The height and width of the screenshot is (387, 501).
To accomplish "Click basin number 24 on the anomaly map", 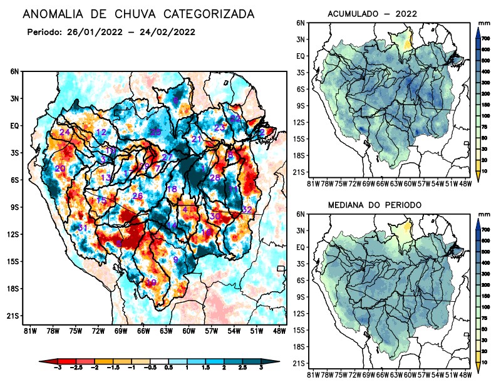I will [65, 132].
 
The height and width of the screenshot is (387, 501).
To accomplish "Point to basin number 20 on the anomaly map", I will [60, 168].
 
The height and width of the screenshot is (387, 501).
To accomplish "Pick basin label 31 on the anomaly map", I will [82, 227].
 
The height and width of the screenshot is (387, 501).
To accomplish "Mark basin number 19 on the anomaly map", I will [151, 282].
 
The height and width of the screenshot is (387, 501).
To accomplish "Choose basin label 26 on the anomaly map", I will [138, 196].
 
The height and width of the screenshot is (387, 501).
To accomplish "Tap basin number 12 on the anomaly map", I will [101, 132].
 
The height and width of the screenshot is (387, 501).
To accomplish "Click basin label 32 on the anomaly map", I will [247, 209].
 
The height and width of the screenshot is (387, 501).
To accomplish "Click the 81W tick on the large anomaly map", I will [29, 330].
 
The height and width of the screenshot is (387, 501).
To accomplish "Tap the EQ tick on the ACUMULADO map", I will [300, 56].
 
